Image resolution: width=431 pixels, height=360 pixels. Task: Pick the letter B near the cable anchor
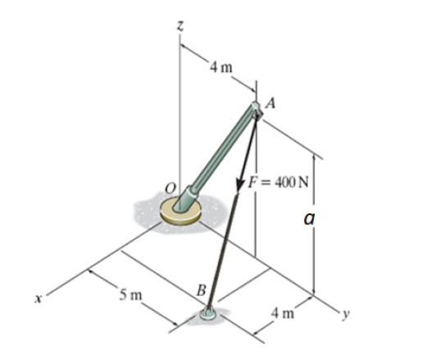pyautogui.click(x=199, y=288)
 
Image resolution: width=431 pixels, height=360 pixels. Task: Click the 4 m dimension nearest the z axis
pyautogui.click(x=220, y=67)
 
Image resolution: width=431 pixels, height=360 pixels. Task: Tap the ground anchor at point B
pyautogui.click(x=211, y=313)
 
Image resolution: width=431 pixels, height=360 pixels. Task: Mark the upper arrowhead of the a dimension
pyautogui.click(x=315, y=153)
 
